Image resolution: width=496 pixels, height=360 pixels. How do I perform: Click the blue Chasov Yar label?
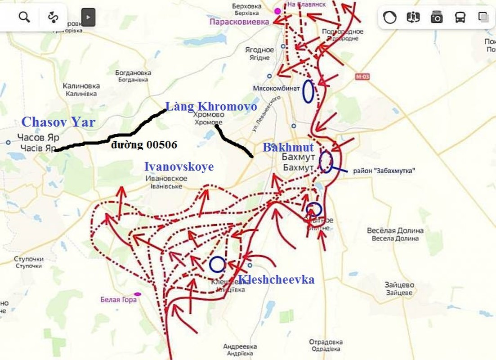click(x=58, y=122)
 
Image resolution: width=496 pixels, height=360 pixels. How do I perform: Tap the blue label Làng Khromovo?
click(x=211, y=107)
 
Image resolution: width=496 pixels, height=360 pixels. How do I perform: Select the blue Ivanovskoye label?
click(x=179, y=166)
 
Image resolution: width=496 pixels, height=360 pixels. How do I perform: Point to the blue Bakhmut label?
click(x=288, y=147)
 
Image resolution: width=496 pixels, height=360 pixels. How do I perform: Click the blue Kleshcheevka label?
click(x=276, y=279)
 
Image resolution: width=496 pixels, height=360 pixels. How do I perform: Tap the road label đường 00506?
click(x=145, y=145)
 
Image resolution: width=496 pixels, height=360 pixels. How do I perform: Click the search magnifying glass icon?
click(x=24, y=17)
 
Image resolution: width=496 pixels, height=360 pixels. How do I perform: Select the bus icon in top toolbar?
click(x=460, y=17)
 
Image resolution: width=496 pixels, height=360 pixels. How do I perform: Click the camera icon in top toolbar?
click(x=436, y=17)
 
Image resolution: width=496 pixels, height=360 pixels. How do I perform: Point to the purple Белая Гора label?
click(x=118, y=300)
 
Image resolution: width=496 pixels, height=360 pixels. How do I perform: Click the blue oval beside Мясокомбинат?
click(x=308, y=91)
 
